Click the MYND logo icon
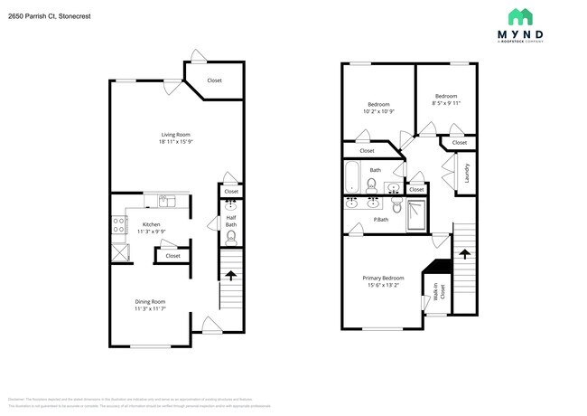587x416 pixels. tap(520, 17)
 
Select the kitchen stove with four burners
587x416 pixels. tap(118, 226)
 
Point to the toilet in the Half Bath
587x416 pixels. tap(231, 238)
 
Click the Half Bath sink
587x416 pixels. tap(230, 205)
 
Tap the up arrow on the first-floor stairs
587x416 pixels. tap(231, 276)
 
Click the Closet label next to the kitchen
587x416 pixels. tap(172, 256)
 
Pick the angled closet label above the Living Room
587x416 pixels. tap(214, 81)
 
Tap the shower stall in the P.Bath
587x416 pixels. tap(417, 213)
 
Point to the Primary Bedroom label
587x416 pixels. tap(383, 278)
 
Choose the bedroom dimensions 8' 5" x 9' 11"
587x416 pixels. tap(446, 103)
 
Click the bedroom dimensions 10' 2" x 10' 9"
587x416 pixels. tap(377, 111)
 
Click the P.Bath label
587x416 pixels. tap(381, 221)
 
